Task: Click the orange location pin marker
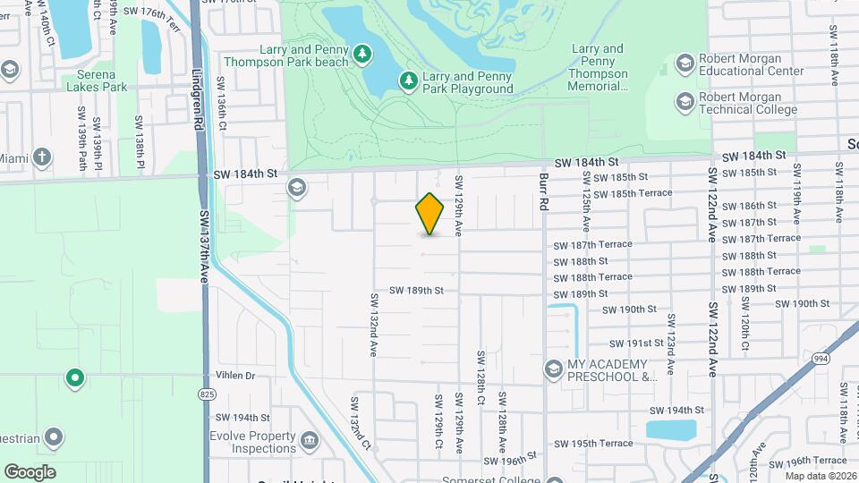430,214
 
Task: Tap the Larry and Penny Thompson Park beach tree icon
362,55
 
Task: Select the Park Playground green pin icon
409,81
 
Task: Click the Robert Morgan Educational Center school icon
685,63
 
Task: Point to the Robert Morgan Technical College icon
685,102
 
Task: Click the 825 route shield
208,394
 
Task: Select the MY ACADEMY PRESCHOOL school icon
554,369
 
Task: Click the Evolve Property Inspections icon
309,440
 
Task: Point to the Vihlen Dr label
235,376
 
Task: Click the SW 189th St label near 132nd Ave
416,291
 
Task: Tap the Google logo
30,471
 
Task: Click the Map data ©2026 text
821,476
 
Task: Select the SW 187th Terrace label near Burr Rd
592,244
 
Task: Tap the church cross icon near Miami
41,158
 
